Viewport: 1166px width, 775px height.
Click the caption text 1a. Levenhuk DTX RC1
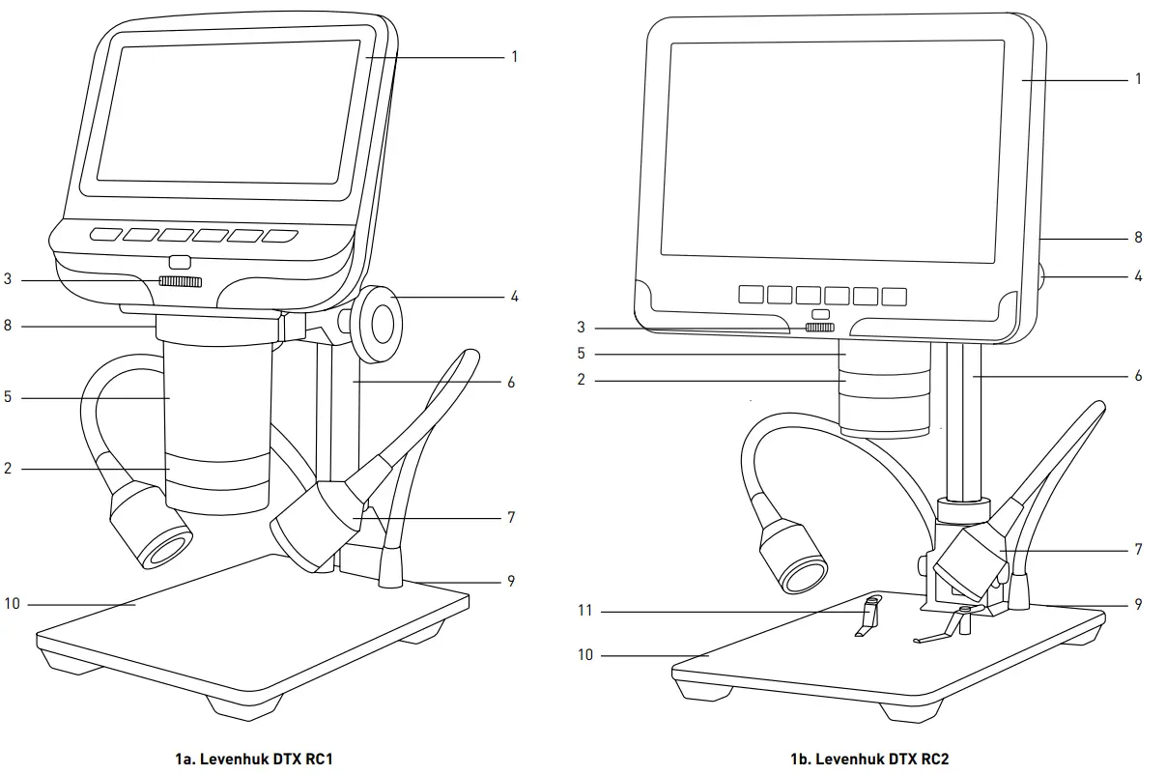click(x=254, y=759)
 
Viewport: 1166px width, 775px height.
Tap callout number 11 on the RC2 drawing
click(x=583, y=611)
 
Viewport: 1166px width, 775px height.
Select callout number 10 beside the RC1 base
click(x=12, y=604)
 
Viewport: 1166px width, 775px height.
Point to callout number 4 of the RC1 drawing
click(x=514, y=297)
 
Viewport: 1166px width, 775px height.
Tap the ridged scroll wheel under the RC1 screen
click(x=181, y=281)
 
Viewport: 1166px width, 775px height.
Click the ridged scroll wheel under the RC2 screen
click(x=820, y=328)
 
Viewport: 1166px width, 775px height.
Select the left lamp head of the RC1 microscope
click(x=150, y=528)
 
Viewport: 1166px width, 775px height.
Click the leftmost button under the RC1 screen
click(x=105, y=234)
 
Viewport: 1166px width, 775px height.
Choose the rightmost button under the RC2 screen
click(x=895, y=296)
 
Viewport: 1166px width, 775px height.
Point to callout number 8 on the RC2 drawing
click(x=1138, y=237)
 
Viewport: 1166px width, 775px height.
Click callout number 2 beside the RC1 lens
click(x=8, y=469)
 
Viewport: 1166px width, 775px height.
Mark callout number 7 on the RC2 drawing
click(x=1138, y=549)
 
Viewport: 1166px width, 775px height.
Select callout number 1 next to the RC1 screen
click(x=514, y=57)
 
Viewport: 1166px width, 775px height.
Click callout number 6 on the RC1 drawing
click(x=511, y=383)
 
